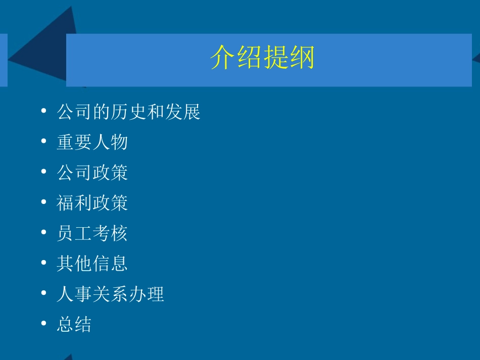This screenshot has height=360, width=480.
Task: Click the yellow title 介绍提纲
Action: click(262, 57)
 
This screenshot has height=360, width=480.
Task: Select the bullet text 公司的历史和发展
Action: click(129, 112)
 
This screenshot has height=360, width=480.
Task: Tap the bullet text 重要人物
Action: click(92, 142)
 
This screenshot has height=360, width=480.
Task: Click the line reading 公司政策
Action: click(92, 173)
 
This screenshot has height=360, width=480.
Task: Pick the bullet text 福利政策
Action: click(92, 203)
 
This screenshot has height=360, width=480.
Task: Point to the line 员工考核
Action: click(92, 233)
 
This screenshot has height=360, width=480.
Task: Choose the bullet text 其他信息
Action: click(92, 264)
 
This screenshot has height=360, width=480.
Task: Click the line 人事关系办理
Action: click(111, 294)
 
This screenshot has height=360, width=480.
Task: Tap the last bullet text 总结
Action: click(74, 324)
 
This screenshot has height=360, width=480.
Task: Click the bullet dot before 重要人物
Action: click(44, 142)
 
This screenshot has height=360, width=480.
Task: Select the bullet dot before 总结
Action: click(44, 324)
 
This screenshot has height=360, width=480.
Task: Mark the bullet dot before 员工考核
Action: click(44, 233)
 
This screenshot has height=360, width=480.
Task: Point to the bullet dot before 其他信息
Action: click(44, 263)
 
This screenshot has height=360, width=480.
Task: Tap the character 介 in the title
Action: click(223, 57)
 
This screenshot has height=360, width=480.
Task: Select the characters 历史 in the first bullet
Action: click(129, 112)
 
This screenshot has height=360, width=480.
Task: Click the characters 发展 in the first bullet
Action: click(183, 112)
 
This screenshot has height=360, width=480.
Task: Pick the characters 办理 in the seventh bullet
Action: click(147, 294)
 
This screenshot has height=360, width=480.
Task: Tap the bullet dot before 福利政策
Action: click(44, 202)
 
